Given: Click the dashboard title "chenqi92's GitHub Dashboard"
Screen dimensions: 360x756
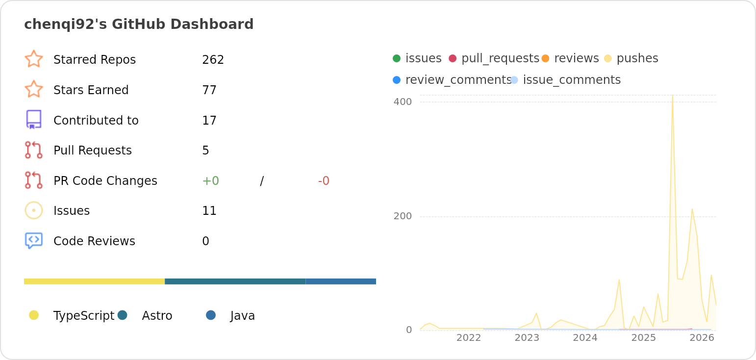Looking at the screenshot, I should pos(139,24).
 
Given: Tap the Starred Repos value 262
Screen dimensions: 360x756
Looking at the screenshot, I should pos(213,60).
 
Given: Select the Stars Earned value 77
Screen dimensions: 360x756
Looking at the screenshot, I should pos(209,90).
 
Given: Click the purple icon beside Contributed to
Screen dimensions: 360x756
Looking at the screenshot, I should pos(33,120).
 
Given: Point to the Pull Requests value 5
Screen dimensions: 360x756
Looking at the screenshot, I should pos(205,151).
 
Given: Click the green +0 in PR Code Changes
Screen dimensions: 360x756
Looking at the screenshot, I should pos(210,181).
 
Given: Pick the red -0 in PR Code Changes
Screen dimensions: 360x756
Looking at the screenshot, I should pos(324,181).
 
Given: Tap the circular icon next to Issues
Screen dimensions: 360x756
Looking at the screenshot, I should pos(33,210).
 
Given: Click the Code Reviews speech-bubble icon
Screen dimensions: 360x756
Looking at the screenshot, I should pos(33,240).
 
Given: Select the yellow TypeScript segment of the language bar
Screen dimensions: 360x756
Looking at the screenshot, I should pos(94,282).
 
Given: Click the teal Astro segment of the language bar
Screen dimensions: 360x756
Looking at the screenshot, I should pos(235,282).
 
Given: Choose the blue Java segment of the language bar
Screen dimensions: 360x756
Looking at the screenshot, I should pos(341,282).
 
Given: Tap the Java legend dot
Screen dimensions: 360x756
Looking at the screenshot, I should pos(211,315).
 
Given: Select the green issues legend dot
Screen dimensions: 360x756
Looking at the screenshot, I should pos(397,58).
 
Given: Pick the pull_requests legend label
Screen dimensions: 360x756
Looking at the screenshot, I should pos(500,58).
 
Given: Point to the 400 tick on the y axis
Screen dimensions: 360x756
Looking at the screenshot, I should pos(403,102).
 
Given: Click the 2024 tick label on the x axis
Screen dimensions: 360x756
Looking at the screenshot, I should pos(585,338).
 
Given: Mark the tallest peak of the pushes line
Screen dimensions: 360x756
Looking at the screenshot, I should pos(673,96).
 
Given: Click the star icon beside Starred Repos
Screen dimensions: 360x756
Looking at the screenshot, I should pos(33,59).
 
